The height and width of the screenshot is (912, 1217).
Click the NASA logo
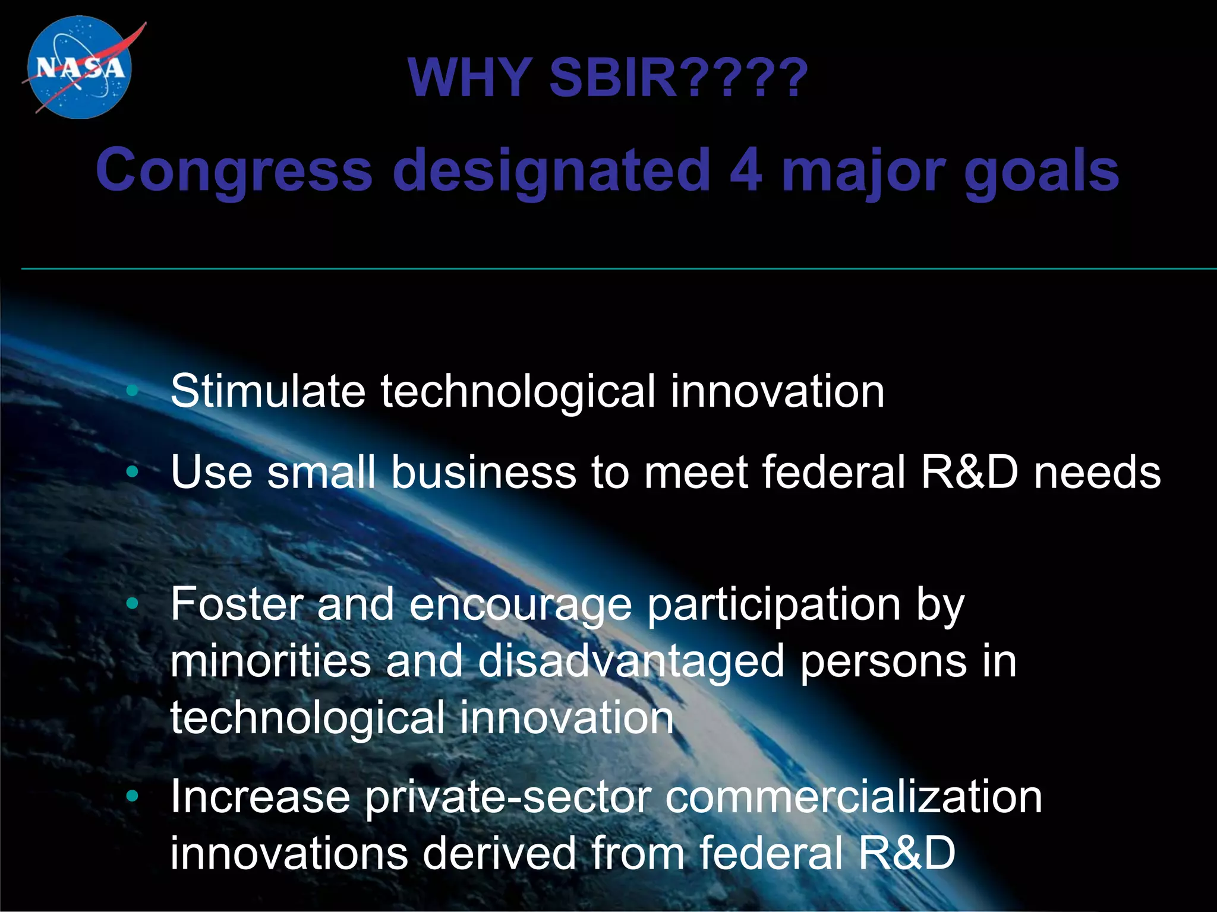(x=80, y=67)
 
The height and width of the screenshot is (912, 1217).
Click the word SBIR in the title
(x=613, y=78)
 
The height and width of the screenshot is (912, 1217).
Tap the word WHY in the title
(x=469, y=78)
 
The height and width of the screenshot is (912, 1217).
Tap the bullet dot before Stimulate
(x=132, y=391)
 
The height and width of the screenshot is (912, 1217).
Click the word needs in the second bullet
(x=1097, y=472)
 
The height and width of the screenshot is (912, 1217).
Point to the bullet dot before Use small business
(x=132, y=472)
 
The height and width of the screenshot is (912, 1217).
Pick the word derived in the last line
(x=499, y=853)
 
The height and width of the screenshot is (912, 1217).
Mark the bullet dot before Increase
(x=132, y=796)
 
